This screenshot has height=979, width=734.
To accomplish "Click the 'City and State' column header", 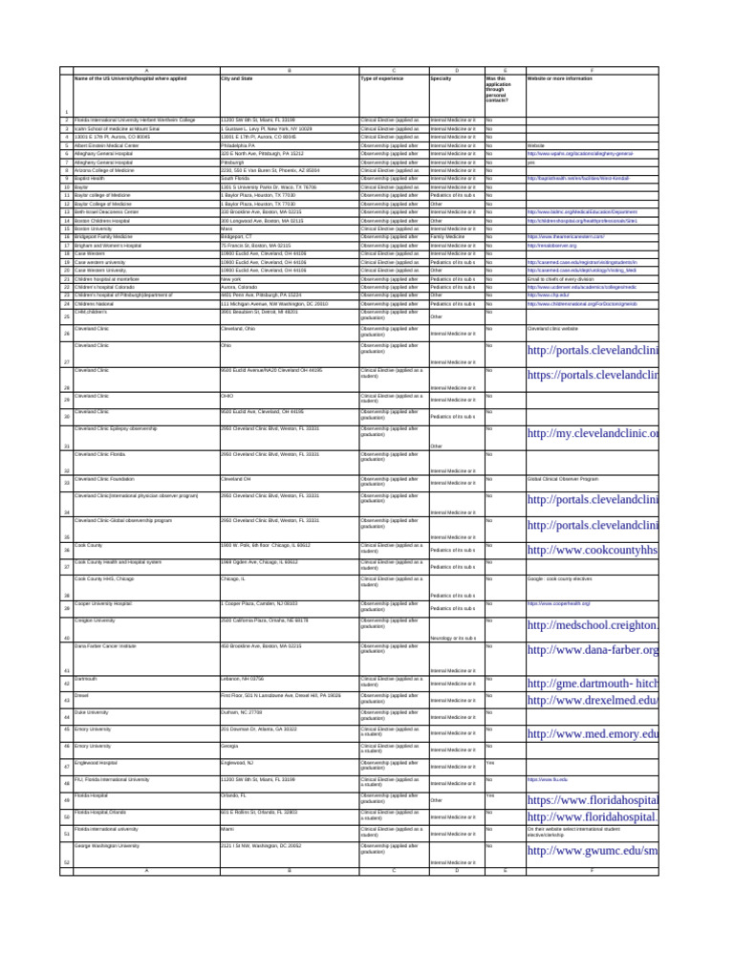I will tap(238, 77).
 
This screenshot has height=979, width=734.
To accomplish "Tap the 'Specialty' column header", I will tap(441, 77).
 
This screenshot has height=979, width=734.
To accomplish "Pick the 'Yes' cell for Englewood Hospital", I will tap(490, 762).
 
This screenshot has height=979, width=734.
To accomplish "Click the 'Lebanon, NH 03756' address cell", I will tap(242, 678).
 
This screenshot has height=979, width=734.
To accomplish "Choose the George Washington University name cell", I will tap(107, 845).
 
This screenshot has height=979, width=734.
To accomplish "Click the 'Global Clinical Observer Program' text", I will tap(563, 478).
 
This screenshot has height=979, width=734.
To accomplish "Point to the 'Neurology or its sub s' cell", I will tap(453, 638).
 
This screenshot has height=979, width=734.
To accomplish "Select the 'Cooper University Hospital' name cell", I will tap(103, 603).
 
